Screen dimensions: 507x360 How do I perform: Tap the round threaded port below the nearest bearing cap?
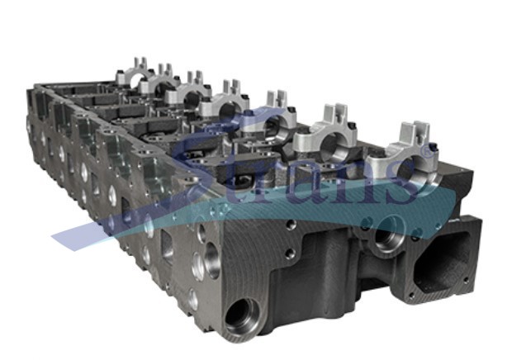pyautogui.click(x=389, y=232)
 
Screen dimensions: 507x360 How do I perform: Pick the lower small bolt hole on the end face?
pyautogui.click(x=291, y=252)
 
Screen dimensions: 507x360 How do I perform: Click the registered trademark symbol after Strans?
pyautogui.click(x=426, y=151)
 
